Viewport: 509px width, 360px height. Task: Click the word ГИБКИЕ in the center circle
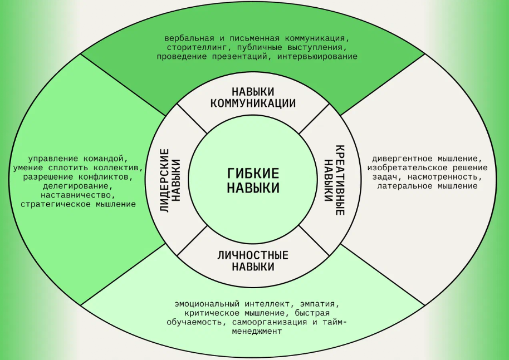pyautogui.click(x=253, y=174)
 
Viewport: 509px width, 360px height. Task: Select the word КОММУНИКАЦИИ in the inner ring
pyautogui.click(x=253, y=103)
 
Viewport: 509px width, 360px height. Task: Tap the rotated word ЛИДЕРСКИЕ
pyautogui.click(x=165, y=180)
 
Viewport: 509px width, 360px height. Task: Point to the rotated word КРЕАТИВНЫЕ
pyautogui.click(x=340, y=180)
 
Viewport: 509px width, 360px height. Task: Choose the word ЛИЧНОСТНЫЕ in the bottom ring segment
pyautogui.click(x=253, y=255)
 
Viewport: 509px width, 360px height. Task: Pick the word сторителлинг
pyautogui.click(x=197, y=48)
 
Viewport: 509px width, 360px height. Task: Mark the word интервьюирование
pyautogui.click(x=317, y=57)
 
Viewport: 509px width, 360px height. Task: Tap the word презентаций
pyautogui.click(x=240, y=57)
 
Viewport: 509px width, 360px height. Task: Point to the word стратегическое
pyautogui.click(x=56, y=205)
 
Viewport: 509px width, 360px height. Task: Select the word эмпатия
pyautogui.click(x=320, y=304)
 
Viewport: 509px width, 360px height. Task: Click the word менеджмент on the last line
pyautogui.click(x=257, y=332)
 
